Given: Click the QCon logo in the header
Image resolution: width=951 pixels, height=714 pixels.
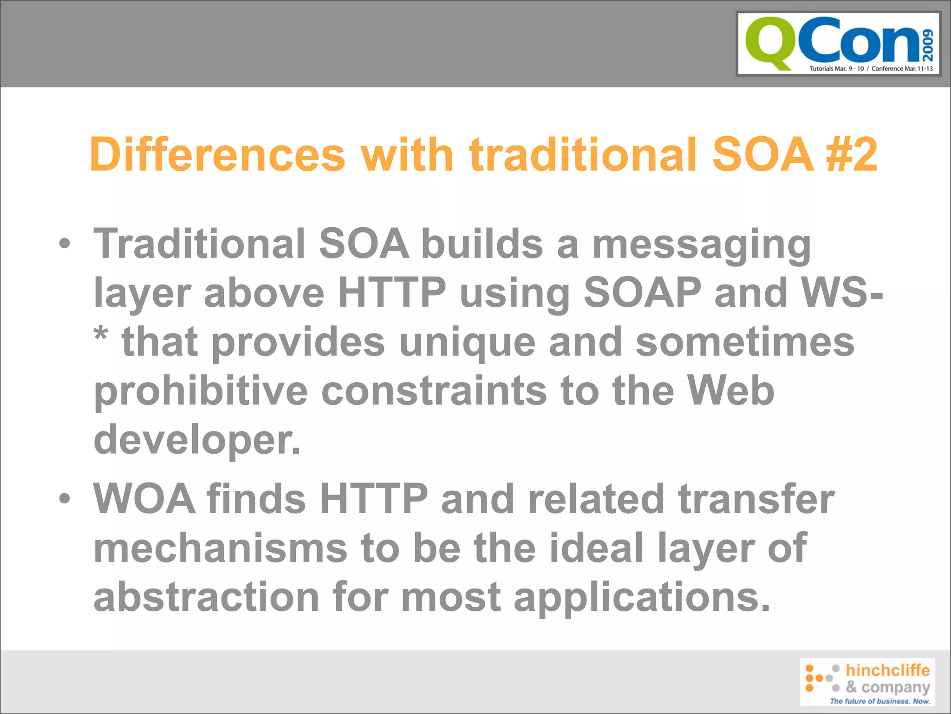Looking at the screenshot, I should click(838, 44).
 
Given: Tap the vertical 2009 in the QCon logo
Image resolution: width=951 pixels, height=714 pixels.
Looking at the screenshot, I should click(928, 45).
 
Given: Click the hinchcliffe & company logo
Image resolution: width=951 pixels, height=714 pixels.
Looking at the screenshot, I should click(867, 682).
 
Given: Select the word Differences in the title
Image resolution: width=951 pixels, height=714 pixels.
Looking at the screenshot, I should click(217, 154).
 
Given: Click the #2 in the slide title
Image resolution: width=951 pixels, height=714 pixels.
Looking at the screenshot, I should click(851, 154).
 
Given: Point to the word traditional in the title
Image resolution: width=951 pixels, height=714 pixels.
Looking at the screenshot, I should click(583, 154).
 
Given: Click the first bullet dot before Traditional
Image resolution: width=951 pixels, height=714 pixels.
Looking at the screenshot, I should click(65, 244).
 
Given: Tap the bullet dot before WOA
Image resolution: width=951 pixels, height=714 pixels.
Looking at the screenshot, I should click(65, 499).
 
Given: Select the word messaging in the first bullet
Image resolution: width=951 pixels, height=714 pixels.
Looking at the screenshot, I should click(701, 245).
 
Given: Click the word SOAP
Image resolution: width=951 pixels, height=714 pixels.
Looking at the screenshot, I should click(642, 293).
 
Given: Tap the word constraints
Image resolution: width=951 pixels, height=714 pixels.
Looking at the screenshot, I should click(434, 391).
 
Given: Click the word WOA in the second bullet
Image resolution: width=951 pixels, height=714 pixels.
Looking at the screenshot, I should click(144, 499).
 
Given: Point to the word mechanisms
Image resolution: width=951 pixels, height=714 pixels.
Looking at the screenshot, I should click(220, 548).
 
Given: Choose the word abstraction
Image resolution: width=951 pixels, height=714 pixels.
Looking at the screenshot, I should click(206, 597).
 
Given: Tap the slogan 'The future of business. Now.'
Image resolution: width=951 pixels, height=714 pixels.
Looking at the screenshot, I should click(880, 701).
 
